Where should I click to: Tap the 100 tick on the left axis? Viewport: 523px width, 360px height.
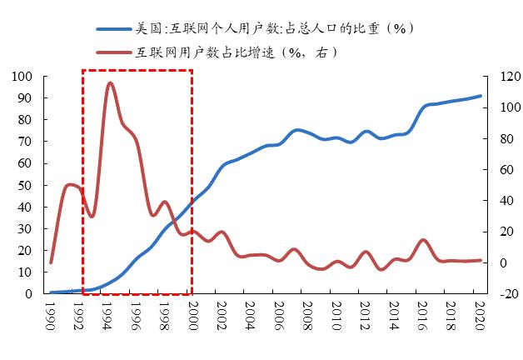22,77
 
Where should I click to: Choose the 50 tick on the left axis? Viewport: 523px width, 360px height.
26,185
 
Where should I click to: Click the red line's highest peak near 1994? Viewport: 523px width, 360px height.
110,82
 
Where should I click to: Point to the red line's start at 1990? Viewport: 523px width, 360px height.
51,262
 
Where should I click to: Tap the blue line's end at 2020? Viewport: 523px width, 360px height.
481,96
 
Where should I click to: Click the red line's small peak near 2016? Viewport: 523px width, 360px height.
423,240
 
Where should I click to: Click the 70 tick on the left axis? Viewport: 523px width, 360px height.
26,142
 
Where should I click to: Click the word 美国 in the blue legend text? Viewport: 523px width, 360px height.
147,28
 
